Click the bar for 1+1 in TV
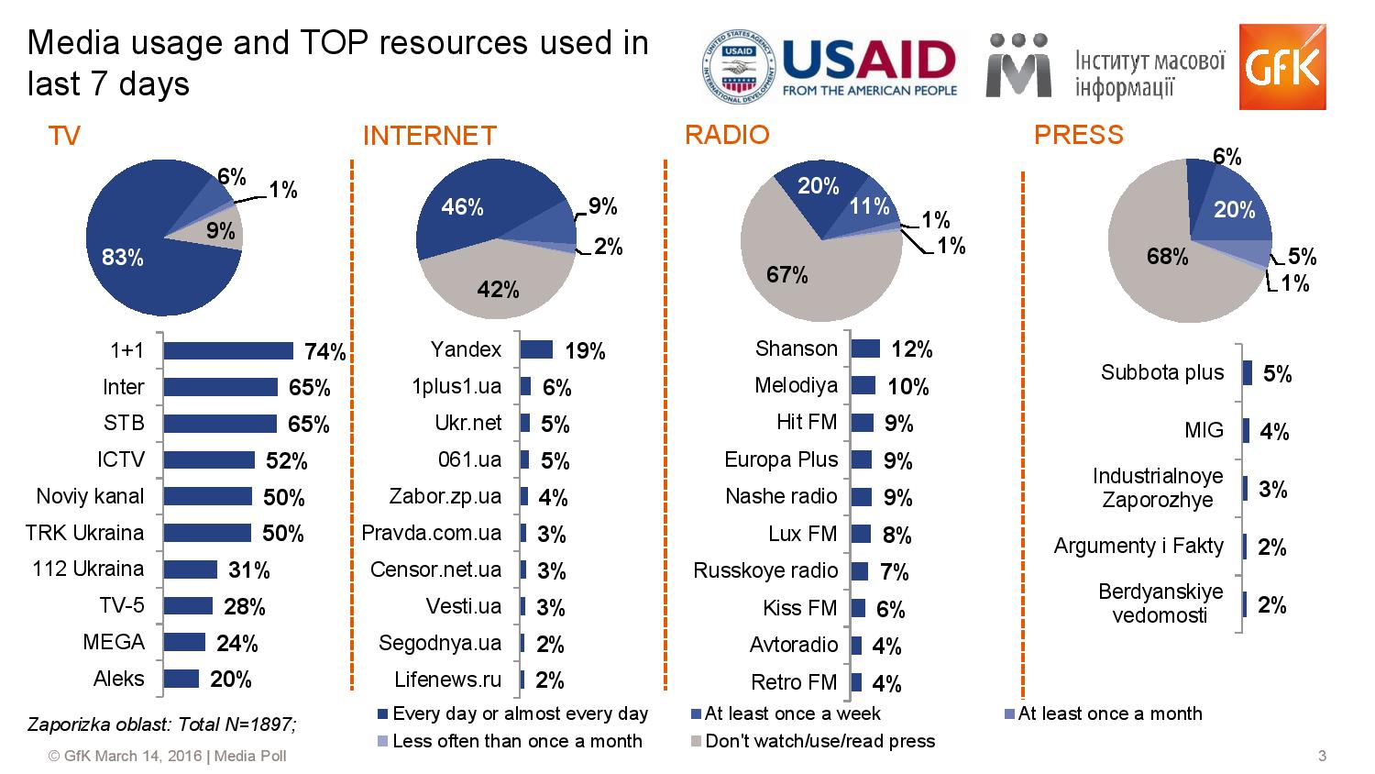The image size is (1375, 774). click(x=228, y=350)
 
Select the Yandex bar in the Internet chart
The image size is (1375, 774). click(x=536, y=349)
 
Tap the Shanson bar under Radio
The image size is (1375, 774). click(x=865, y=348)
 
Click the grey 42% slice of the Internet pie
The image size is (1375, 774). click(x=497, y=282)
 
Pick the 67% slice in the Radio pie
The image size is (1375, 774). click(x=798, y=276)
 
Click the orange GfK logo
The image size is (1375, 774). click(x=1282, y=67)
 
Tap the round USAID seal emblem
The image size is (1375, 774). click(x=739, y=66)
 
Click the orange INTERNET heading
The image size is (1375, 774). click(x=430, y=136)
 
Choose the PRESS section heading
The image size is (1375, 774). click(x=1079, y=135)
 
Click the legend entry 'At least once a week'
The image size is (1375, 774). click(x=786, y=713)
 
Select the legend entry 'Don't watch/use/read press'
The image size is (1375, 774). click(x=813, y=741)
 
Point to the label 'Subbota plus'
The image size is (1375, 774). click(x=1162, y=372)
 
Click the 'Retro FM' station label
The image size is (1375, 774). click(x=794, y=682)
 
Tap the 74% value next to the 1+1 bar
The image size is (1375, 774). click(x=325, y=351)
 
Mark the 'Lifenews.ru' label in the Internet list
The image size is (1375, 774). click(x=447, y=680)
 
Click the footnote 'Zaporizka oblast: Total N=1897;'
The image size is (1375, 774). click(x=162, y=724)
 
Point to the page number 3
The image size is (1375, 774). click(x=1322, y=756)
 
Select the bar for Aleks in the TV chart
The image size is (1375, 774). click(x=181, y=679)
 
